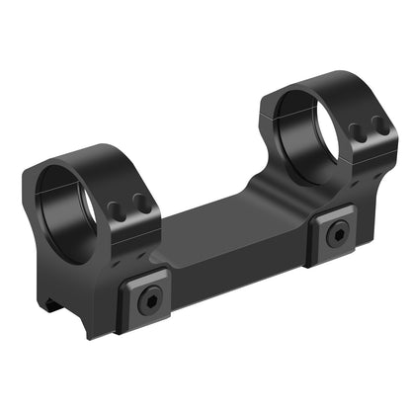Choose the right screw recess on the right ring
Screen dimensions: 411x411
tap(376, 124)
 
